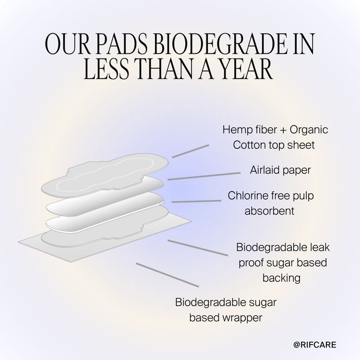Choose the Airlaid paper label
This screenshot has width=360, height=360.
pyautogui.click(x=281, y=170)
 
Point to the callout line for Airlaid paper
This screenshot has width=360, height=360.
pyautogui.click(x=204, y=176)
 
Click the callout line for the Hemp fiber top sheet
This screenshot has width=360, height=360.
pyautogui.click(x=191, y=151)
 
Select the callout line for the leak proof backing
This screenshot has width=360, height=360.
pyautogui.click(x=197, y=248)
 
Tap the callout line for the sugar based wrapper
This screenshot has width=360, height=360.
pyautogui.click(x=167, y=275)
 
